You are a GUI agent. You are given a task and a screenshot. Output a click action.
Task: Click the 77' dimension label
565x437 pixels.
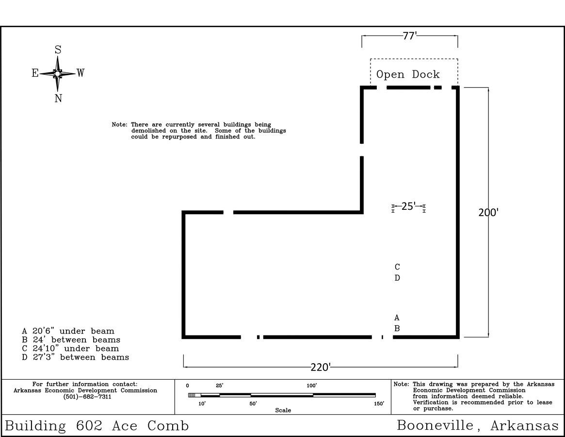[x=410, y=36]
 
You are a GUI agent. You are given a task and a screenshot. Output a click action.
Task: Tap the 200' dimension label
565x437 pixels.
[x=488, y=213]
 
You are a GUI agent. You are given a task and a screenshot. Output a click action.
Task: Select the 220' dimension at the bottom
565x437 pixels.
[x=321, y=368]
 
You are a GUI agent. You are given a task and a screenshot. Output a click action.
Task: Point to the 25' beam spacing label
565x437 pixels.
[x=408, y=206]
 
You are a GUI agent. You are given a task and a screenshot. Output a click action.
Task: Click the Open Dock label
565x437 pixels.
[x=408, y=74]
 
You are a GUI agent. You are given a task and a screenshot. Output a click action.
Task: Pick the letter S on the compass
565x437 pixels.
[x=58, y=50]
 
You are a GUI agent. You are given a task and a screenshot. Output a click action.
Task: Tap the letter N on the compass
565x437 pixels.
[x=58, y=98]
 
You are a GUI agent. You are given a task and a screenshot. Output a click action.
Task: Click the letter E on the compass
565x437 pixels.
[x=35, y=73]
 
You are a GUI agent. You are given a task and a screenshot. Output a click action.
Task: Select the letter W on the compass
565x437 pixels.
[x=81, y=73]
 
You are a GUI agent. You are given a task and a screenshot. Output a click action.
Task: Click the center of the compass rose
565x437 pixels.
[x=57, y=74]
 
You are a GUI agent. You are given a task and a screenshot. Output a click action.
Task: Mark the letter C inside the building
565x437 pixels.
[x=397, y=267]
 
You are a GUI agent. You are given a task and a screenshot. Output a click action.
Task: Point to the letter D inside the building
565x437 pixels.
[x=397, y=278]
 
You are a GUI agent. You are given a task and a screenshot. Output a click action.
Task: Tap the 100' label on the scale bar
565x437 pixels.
[x=312, y=386]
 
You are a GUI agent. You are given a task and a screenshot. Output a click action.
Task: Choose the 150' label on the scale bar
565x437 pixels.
[x=379, y=403]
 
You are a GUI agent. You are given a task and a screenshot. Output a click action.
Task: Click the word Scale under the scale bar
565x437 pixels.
[x=283, y=410]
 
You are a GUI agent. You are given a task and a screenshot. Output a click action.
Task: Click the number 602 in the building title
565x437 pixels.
[x=89, y=426]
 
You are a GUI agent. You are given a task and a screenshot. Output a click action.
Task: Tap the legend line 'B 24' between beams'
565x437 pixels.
[x=71, y=340]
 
